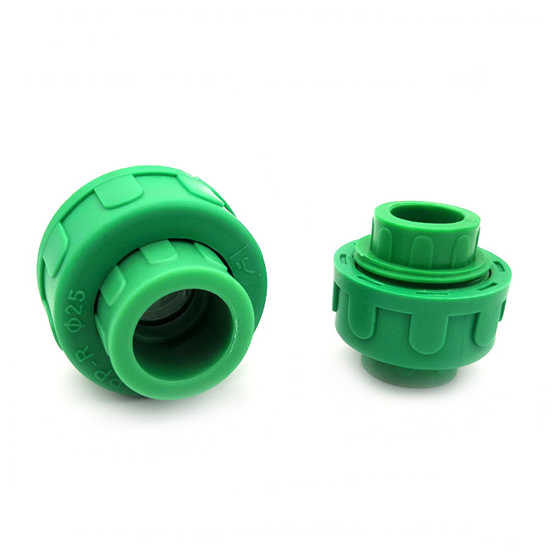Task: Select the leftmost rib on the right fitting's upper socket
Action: (385, 237)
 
